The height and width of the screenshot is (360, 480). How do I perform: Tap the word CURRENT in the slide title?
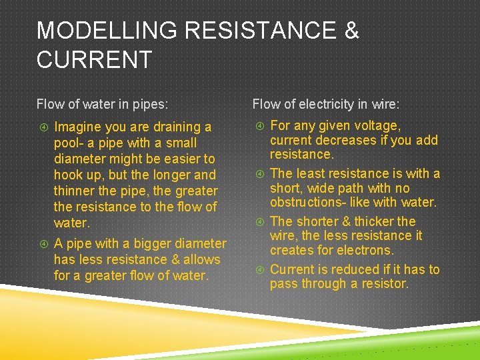point(94,60)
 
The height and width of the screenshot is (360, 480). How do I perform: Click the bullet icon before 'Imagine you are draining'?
point(42,127)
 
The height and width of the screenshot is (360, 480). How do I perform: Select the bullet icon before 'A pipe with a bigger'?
point(42,243)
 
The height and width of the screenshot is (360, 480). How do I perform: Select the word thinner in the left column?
point(77,191)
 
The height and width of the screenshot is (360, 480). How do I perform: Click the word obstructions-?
point(310,202)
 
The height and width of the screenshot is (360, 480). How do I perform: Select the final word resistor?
point(383,284)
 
